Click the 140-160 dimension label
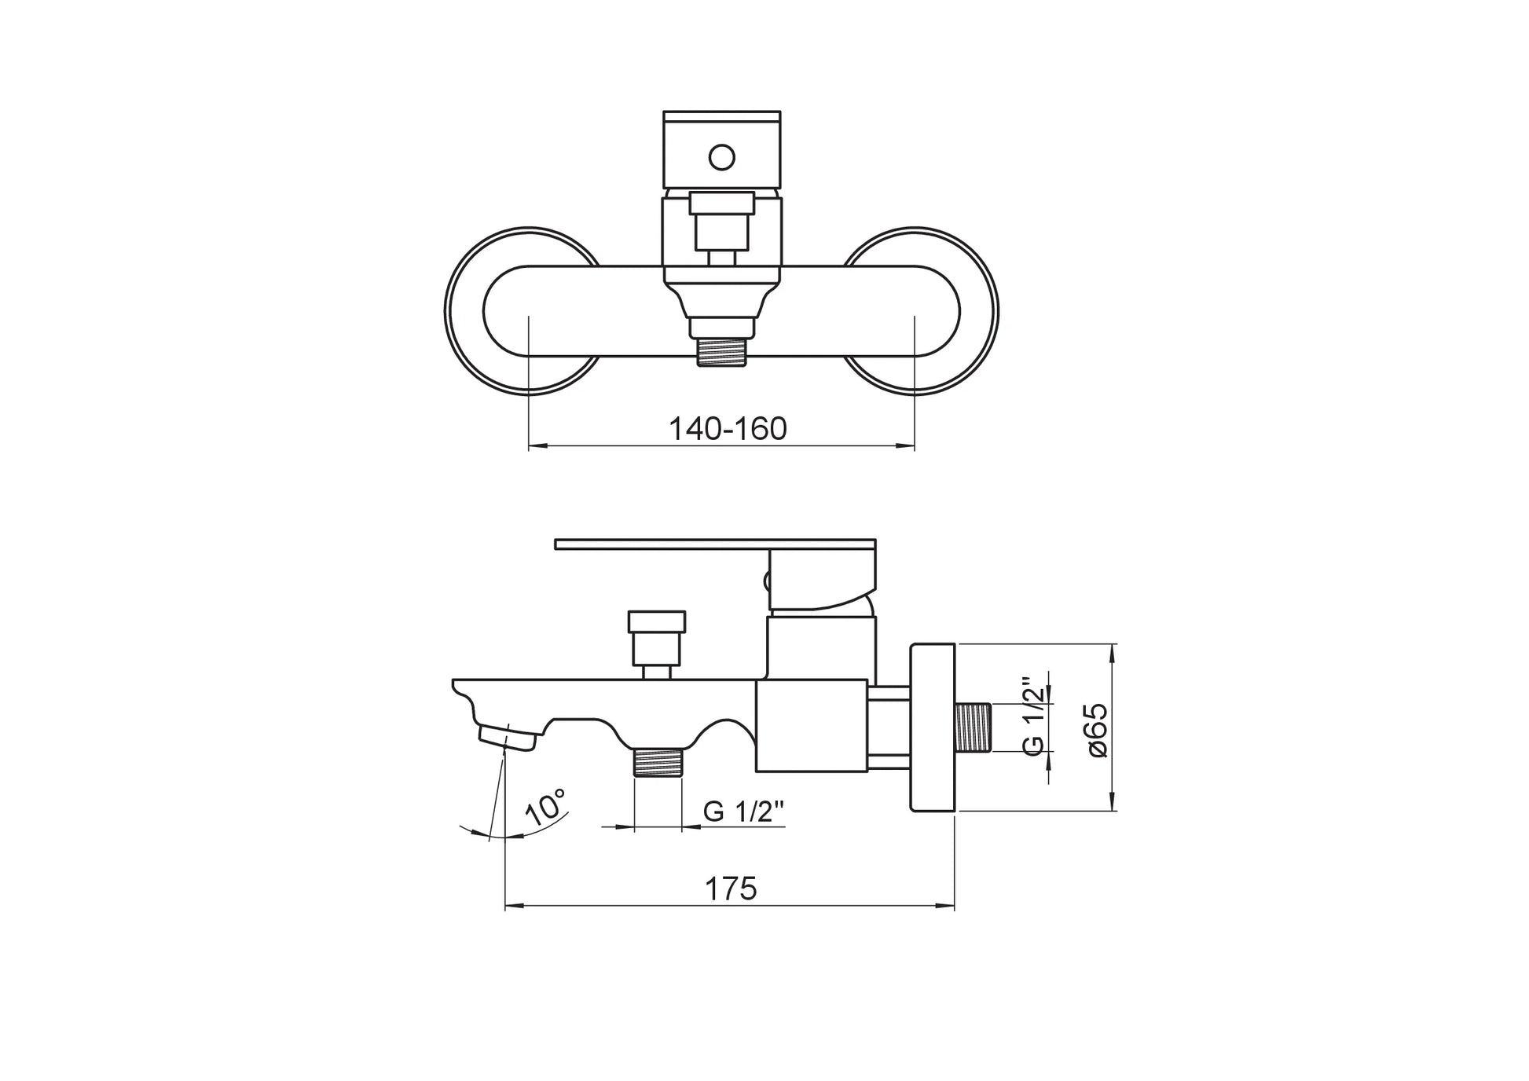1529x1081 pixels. point(728,429)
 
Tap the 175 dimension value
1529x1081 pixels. point(731,889)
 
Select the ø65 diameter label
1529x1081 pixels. point(1098,730)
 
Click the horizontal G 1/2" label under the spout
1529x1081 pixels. point(744,812)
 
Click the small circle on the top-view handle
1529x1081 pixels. point(721,157)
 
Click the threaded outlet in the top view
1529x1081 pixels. point(722,351)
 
